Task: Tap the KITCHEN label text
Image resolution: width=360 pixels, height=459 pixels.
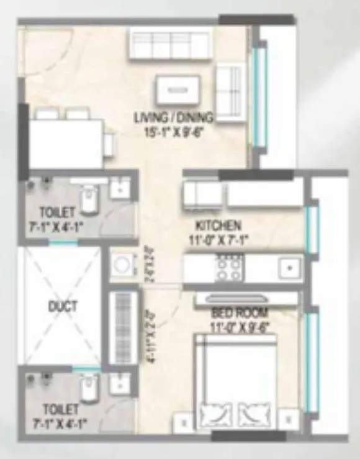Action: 218,225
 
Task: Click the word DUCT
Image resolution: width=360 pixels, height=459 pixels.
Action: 62,306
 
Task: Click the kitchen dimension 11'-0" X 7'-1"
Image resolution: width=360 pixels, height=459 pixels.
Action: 218,238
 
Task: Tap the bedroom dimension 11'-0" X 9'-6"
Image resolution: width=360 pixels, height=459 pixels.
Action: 238,325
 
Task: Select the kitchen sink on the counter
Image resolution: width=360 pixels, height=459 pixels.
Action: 288,268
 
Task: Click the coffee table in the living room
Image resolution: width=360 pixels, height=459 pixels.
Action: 178,90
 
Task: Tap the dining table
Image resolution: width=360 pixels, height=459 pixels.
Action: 66,143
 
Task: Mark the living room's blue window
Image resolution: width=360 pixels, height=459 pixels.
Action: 261,94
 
